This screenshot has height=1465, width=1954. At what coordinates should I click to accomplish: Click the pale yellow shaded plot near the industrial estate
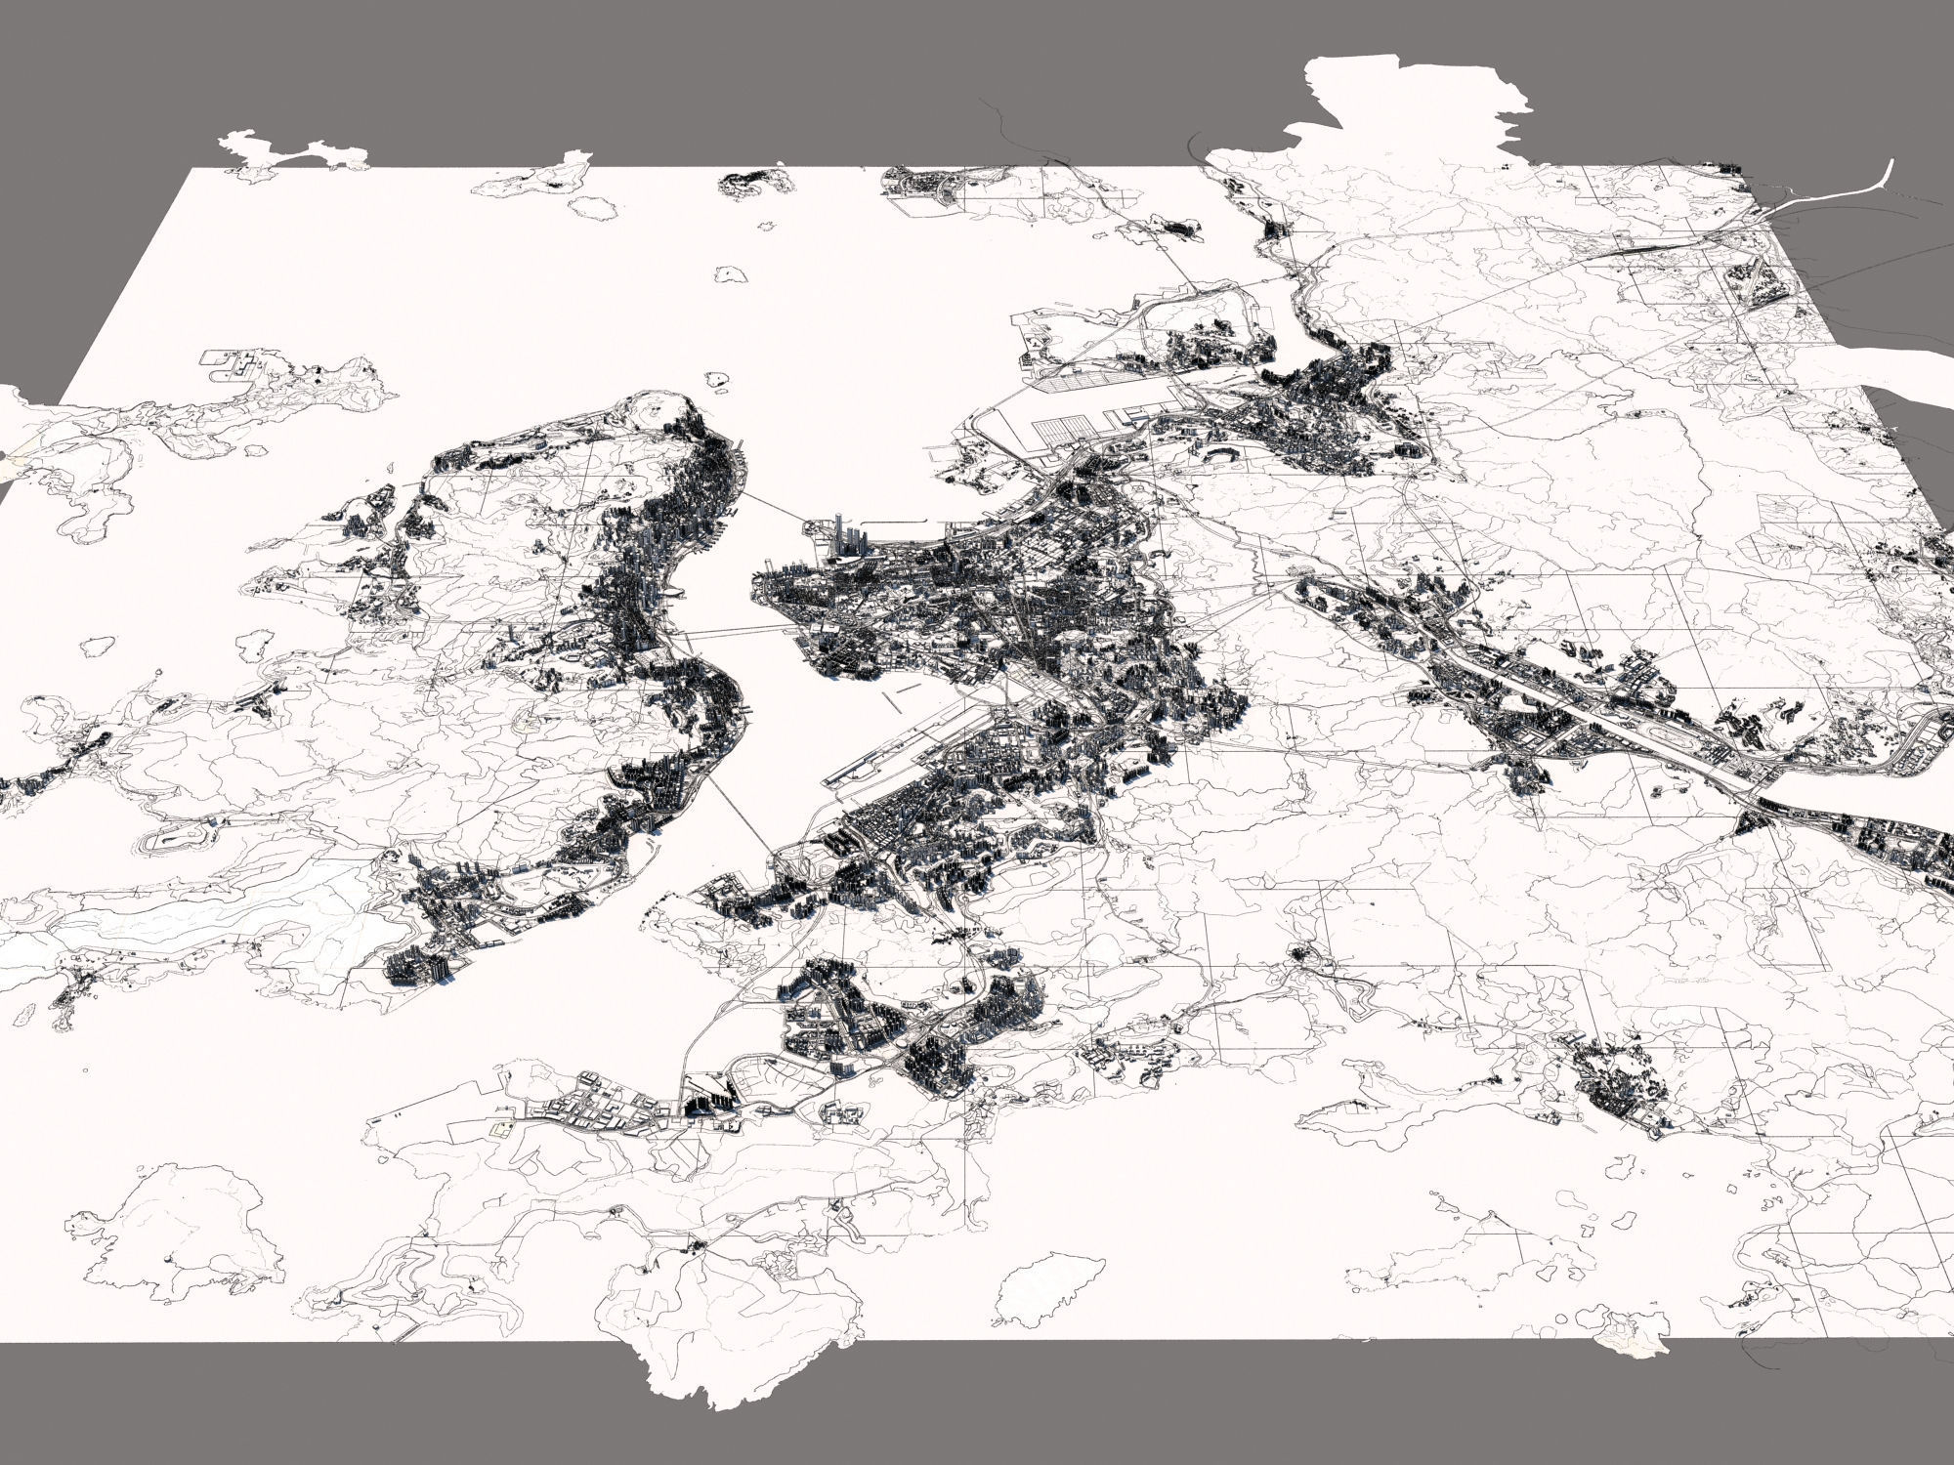[501, 1128]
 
